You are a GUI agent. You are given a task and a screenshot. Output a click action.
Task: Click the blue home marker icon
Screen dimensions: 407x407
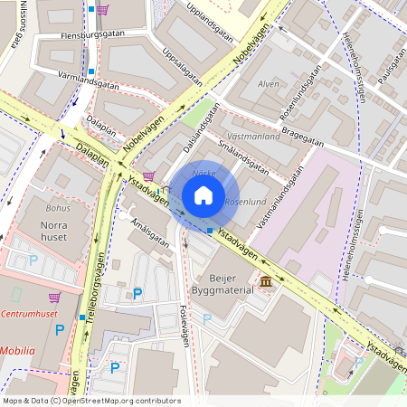tap(203, 194)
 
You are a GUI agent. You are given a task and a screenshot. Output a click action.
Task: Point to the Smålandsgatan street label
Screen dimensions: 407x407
tap(238, 156)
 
